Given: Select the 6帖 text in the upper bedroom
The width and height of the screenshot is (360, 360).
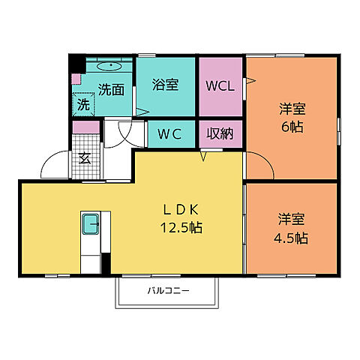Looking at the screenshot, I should pyautogui.click(x=292, y=127).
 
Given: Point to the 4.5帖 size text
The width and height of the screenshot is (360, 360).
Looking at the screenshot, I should pyautogui.click(x=292, y=238).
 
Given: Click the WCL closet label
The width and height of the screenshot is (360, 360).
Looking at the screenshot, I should pyautogui.click(x=220, y=85).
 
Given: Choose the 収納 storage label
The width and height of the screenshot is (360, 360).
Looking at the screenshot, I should pyautogui.click(x=220, y=135).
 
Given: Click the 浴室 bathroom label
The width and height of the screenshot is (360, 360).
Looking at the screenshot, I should pyautogui.click(x=166, y=85).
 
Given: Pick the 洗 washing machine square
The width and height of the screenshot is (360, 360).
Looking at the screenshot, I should pyautogui.click(x=82, y=106).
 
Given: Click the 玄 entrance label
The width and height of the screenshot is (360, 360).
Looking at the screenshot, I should pyautogui.click(x=85, y=158).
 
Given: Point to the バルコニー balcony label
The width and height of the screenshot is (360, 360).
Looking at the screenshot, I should pyautogui.click(x=168, y=290).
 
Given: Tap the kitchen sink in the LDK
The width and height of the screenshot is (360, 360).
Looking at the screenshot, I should pyautogui.click(x=91, y=223).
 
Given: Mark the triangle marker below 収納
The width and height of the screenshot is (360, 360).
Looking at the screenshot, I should pyautogui.click(x=202, y=156).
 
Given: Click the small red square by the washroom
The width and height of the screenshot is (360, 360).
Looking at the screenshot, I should pyautogui.click(x=74, y=78).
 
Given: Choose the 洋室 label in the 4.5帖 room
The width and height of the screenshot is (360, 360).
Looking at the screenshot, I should pyautogui.click(x=292, y=220).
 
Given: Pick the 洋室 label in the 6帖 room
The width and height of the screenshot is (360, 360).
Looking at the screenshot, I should pyautogui.click(x=292, y=109).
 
